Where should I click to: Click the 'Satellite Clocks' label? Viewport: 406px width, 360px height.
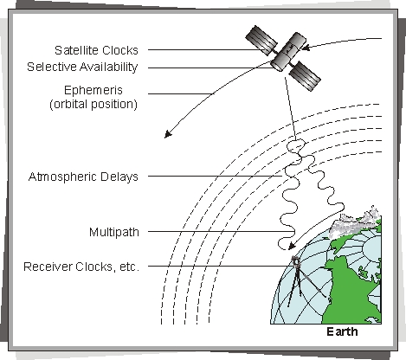pos(96,50)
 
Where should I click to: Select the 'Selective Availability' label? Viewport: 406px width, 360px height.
pos(82,67)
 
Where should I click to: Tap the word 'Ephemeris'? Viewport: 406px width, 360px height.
pos(93,90)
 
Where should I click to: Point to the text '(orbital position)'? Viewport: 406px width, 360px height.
pos(93,104)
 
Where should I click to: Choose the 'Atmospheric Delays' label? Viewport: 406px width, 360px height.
pos(83,177)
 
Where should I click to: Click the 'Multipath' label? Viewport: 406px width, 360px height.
pos(114,232)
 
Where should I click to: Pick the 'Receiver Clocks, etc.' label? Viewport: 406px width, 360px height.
pos(81,267)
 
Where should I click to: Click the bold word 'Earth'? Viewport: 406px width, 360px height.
pos(342,331)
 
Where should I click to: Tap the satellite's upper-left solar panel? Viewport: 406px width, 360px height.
pos(261,41)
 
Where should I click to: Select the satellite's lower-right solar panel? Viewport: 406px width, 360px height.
pos(305,76)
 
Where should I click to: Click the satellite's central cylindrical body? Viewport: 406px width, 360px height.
pos(288,52)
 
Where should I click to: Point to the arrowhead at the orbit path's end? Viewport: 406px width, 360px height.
pos(168,134)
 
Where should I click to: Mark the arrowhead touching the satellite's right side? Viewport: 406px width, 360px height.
pos(306,48)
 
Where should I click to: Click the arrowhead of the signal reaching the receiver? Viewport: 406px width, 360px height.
pos(292,246)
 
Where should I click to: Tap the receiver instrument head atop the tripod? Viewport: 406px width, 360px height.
pos(296,261)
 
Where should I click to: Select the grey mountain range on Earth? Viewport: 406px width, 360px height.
pos(355,222)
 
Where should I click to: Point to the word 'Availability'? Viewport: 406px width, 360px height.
pos(109,67)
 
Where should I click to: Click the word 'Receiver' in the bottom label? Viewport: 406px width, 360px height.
pos(48,267)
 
